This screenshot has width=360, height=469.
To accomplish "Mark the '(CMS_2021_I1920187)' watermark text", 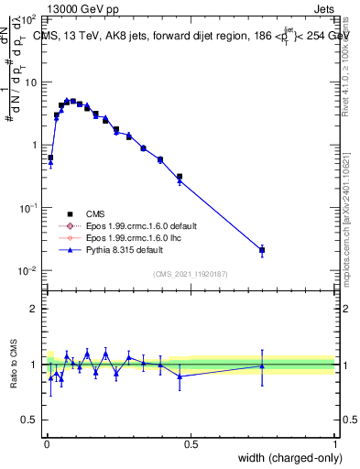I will [x=190, y=273].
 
